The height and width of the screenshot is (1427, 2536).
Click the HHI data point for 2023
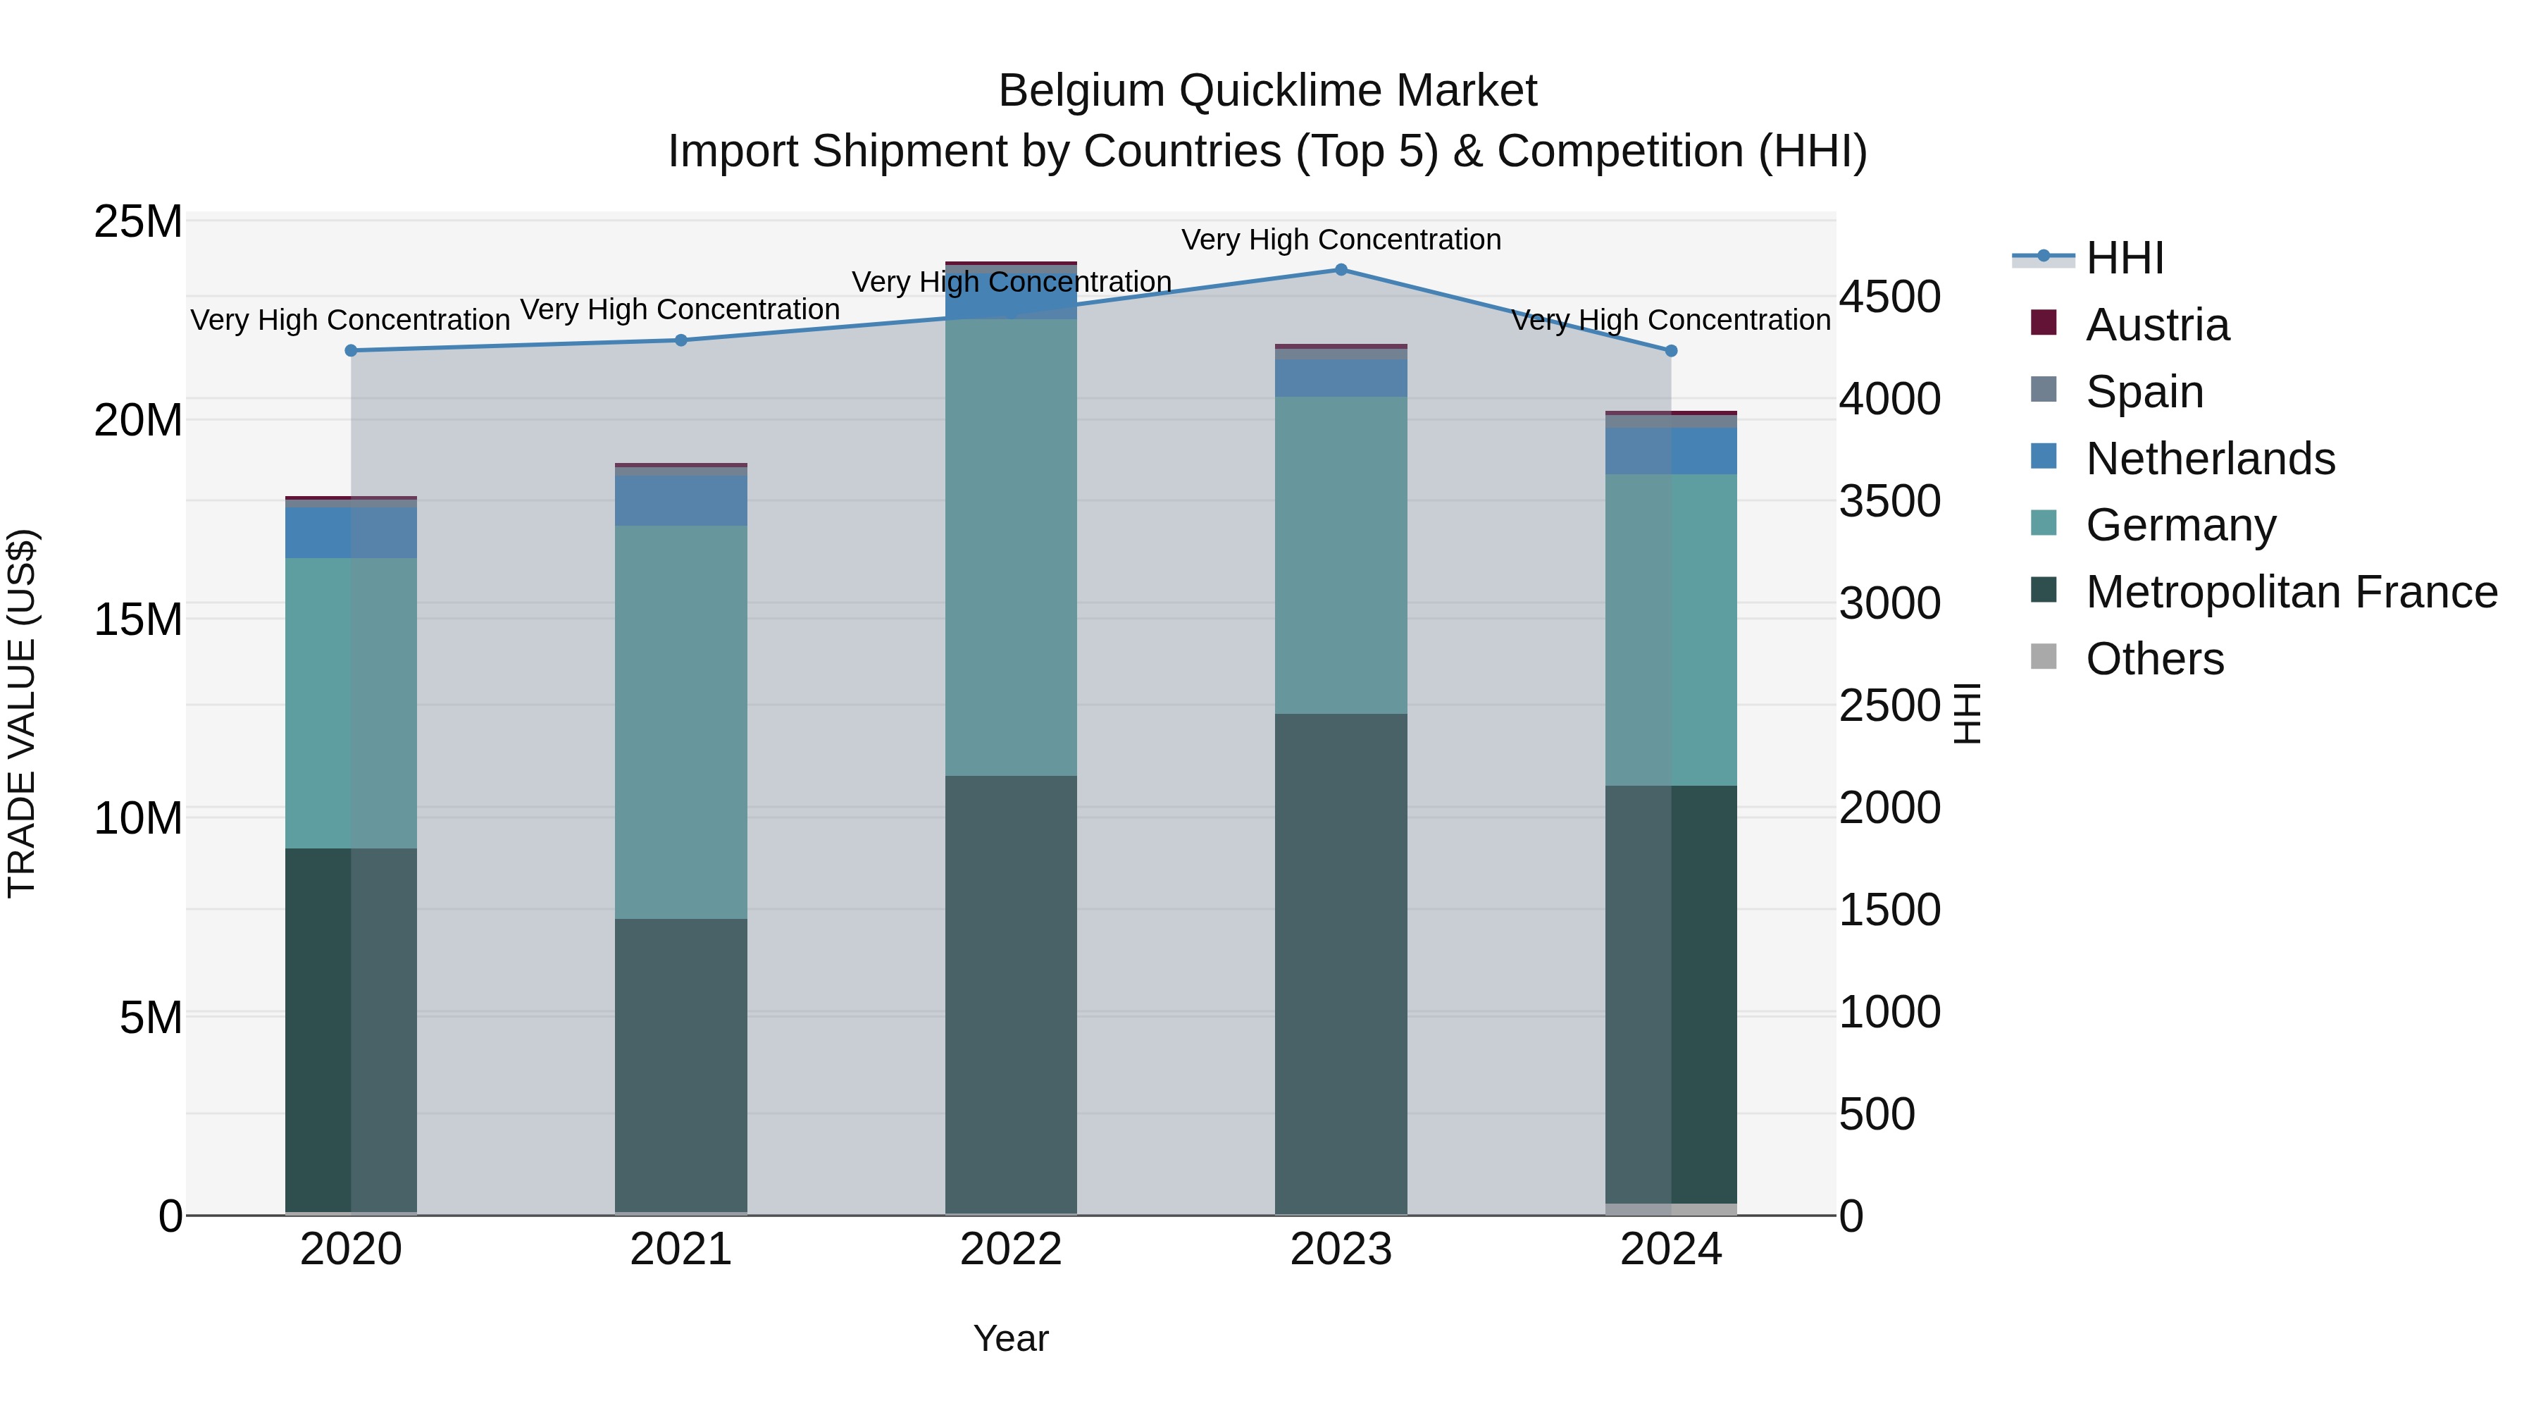[x=1341, y=270]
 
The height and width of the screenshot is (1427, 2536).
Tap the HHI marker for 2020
[x=351, y=351]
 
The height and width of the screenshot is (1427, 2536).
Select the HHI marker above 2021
[x=680, y=341]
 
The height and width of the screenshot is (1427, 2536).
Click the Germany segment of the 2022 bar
[x=1011, y=547]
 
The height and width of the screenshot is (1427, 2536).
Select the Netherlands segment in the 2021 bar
[x=680, y=500]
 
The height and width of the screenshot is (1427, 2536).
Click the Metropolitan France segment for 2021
[x=680, y=1065]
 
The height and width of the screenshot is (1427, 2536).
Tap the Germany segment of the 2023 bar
[x=1341, y=555]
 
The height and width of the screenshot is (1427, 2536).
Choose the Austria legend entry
[x=2156, y=325]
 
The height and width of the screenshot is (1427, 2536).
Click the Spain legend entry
[x=2144, y=392]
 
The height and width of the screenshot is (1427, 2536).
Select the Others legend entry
[x=2154, y=659]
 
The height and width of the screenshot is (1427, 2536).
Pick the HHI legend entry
[x=2125, y=258]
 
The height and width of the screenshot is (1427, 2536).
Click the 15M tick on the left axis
[x=138, y=619]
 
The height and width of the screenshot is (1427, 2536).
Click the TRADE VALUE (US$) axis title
[x=22, y=713]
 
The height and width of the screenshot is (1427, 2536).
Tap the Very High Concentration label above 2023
[x=1341, y=240]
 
